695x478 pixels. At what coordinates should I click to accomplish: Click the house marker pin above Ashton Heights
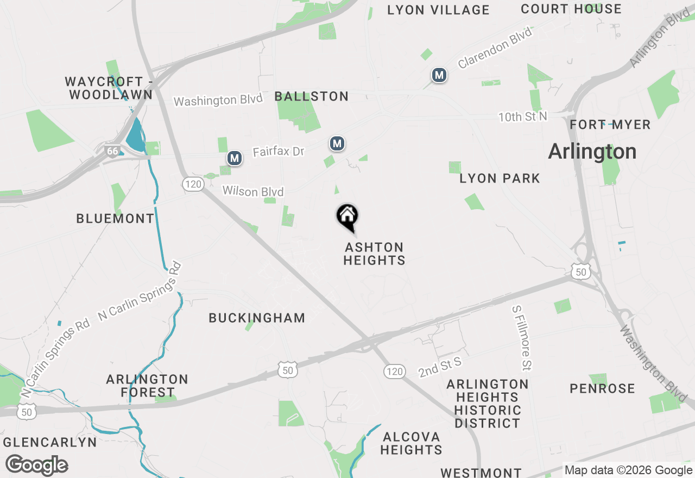pyautogui.click(x=347, y=217)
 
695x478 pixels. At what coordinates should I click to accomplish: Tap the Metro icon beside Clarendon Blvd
pyautogui.click(x=439, y=75)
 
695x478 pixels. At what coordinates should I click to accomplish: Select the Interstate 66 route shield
pyautogui.click(x=112, y=150)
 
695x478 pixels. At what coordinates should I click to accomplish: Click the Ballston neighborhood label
pyautogui.click(x=311, y=97)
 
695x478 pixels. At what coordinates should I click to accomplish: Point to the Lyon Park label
pyautogui.click(x=500, y=178)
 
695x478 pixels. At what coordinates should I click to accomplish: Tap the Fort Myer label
pyautogui.click(x=610, y=124)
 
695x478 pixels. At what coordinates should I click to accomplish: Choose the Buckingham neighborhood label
pyautogui.click(x=257, y=318)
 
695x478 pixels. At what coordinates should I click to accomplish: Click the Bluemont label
pyautogui.click(x=115, y=218)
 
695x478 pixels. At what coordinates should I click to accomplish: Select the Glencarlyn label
pyautogui.click(x=50, y=442)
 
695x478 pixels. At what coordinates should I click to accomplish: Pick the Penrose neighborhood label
pyautogui.click(x=602, y=388)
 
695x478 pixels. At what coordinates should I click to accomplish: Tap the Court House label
pyautogui.click(x=571, y=9)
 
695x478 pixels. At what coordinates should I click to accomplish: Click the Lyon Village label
pyautogui.click(x=438, y=10)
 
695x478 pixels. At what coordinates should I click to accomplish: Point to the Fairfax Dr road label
pyautogui.click(x=279, y=152)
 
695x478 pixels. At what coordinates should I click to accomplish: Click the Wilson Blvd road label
pyautogui.click(x=253, y=192)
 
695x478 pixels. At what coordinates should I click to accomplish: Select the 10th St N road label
pyautogui.click(x=523, y=117)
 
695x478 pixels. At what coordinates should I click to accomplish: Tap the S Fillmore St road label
pyautogui.click(x=522, y=337)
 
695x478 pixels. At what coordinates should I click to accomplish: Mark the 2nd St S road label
pyautogui.click(x=440, y=367)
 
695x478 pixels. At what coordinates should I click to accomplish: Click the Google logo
pyautogui.click(x=36, y=465)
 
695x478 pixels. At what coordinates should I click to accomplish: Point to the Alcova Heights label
pyautogui.click(x=411, y=443)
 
